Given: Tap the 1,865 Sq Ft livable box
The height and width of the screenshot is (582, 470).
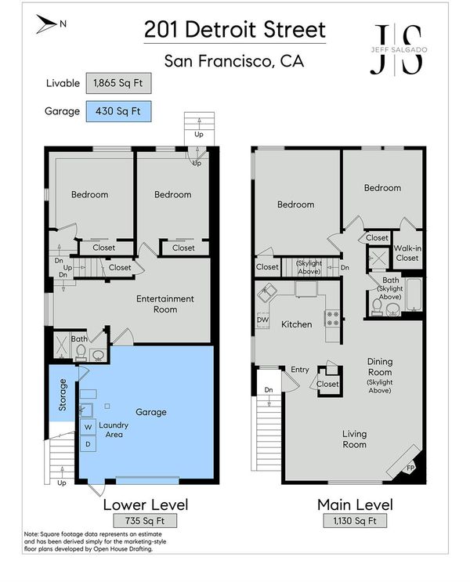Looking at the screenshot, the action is [118, 83].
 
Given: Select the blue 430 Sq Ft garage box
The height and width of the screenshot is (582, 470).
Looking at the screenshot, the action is [118, 111].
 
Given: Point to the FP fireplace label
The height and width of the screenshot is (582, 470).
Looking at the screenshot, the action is [410, 468].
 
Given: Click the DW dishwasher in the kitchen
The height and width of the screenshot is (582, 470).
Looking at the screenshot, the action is [262, 320].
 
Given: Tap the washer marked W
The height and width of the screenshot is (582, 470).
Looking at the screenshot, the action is [88, 427].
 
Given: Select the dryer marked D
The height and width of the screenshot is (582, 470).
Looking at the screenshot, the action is [88, 444].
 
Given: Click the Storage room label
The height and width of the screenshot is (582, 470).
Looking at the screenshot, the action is [63, 395].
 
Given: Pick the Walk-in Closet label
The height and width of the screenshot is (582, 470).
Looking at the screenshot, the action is [407, 253].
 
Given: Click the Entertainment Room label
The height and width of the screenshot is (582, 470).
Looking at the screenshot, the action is [165, 304].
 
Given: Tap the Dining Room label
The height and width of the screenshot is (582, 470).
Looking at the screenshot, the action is [380, 367].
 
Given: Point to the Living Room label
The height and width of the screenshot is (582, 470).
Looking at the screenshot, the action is [355, 439].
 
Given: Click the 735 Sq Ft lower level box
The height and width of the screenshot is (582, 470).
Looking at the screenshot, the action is [145, 521].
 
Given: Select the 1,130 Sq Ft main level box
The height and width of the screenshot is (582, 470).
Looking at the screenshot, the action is [355, 521].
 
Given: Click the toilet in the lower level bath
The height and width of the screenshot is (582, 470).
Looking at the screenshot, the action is [81, 352].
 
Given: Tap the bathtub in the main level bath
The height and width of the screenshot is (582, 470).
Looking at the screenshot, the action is [414, 295].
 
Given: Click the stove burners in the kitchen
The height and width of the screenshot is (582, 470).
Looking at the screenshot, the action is [332, 319].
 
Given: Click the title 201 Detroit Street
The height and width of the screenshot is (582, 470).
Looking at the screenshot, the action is [235, 30].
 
